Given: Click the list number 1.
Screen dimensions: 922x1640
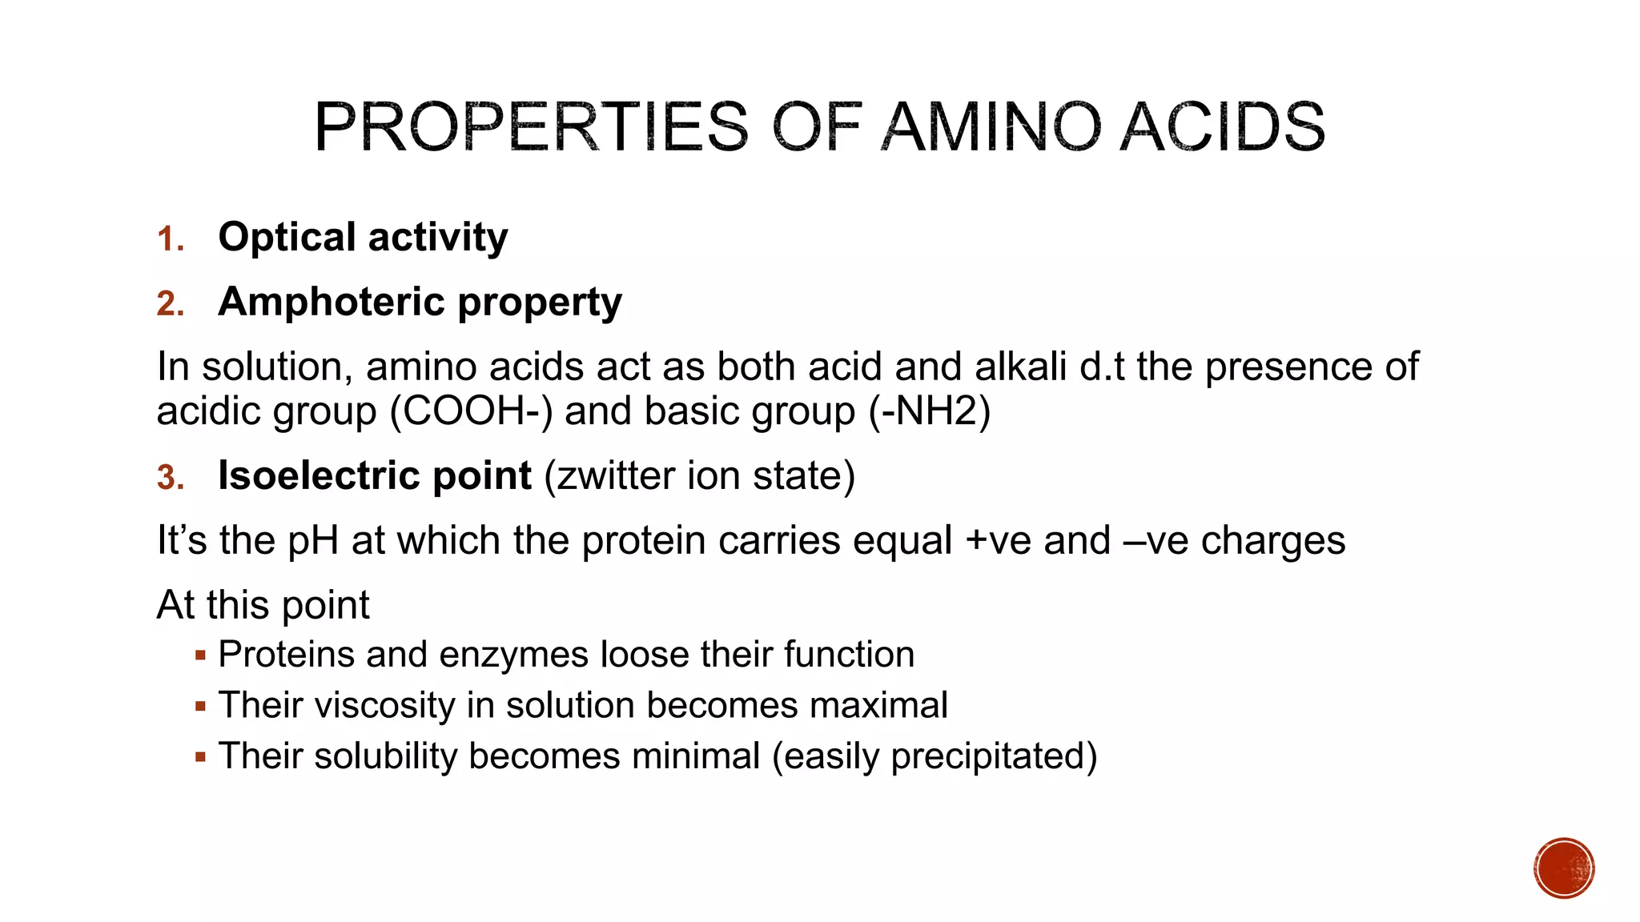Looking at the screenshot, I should pos(170,239).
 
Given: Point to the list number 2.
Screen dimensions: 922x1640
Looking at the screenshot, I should pos(171,304).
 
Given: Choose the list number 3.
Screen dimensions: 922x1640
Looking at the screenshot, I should pos(171,478).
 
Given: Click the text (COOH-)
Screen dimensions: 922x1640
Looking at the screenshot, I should pos(471,411).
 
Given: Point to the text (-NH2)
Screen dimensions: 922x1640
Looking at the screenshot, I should pos(930,411).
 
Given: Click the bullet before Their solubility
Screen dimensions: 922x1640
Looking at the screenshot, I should pos(200,756).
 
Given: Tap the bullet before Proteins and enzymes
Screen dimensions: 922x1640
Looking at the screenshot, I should pos(200,655).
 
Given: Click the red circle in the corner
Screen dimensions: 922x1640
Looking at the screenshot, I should pos(1564,868).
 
